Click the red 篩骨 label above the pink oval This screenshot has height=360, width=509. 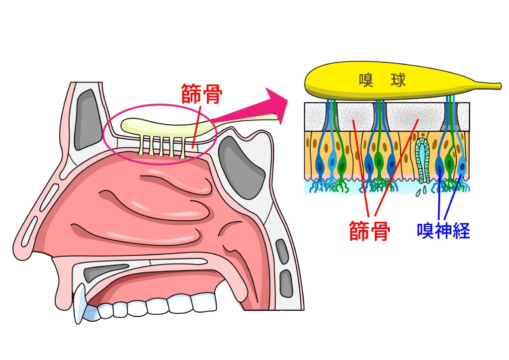coord(201,94)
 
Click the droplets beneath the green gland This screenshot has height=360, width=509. coord(422,189)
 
